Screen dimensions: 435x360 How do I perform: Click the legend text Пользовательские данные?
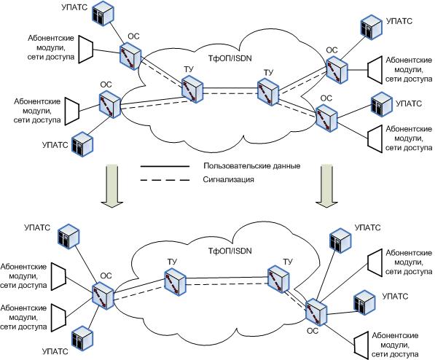coord(252,166)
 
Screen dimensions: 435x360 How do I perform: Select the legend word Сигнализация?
coord(228,179)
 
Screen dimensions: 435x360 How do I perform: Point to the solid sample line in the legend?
coord(165,166)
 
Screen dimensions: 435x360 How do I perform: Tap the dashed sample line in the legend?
coord(165,180)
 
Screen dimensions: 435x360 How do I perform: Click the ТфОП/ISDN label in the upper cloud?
coord(230,58)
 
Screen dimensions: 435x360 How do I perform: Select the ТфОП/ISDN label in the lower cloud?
coord(230,251)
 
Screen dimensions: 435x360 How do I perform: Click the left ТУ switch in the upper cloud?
coord(192,89)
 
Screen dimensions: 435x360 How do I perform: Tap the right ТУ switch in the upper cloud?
coord(267,92)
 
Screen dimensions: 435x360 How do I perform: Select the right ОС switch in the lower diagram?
coord(316,312)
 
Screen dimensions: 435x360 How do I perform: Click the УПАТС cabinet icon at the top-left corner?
coord(103,13)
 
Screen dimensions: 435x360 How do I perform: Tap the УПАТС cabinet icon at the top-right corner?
coord(371,28)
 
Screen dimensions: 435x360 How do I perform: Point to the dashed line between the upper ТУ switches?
coord(230,94)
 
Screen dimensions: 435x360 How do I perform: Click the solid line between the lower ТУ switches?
coord(227,277)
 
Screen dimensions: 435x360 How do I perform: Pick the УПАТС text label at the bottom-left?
coord(55,351)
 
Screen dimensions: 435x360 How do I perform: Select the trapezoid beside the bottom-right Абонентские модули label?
coord(361,343)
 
